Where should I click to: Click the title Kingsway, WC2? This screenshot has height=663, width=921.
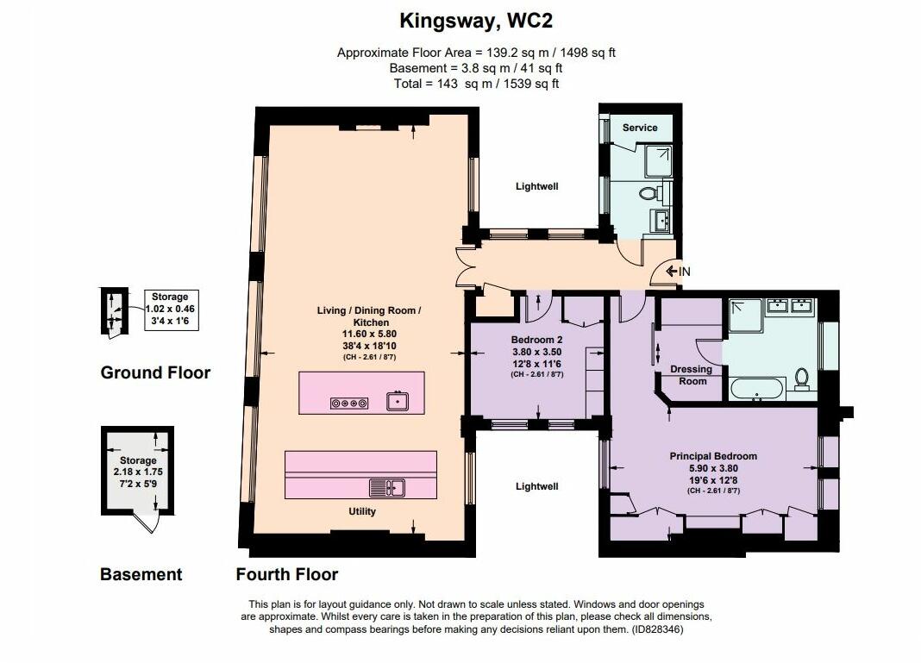(476, 22)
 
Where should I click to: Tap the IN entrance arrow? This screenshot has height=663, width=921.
(671, 272)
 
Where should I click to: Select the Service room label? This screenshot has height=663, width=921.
(640, 128)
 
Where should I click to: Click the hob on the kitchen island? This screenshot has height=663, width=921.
(349, 403)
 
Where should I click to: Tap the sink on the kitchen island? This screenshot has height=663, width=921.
(398, 401)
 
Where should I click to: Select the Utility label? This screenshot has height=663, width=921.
(362, 511)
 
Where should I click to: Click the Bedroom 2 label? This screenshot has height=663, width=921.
(536, 340)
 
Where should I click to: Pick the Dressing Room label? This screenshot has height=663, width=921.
(692, 375)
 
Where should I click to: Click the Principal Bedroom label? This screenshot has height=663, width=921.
(713, 456)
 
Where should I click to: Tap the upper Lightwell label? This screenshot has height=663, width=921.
(537, 186)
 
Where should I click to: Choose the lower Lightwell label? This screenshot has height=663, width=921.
(537, 486)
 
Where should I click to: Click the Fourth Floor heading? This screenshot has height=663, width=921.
(286, 573)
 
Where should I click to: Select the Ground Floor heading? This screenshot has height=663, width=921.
(155, 372)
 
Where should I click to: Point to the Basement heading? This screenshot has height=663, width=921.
(141, 573)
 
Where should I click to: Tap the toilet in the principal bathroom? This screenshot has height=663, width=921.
(802, 378)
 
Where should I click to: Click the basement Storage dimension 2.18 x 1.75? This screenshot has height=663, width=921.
(138, 472)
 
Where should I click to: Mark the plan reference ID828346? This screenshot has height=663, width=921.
(657, 629)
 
